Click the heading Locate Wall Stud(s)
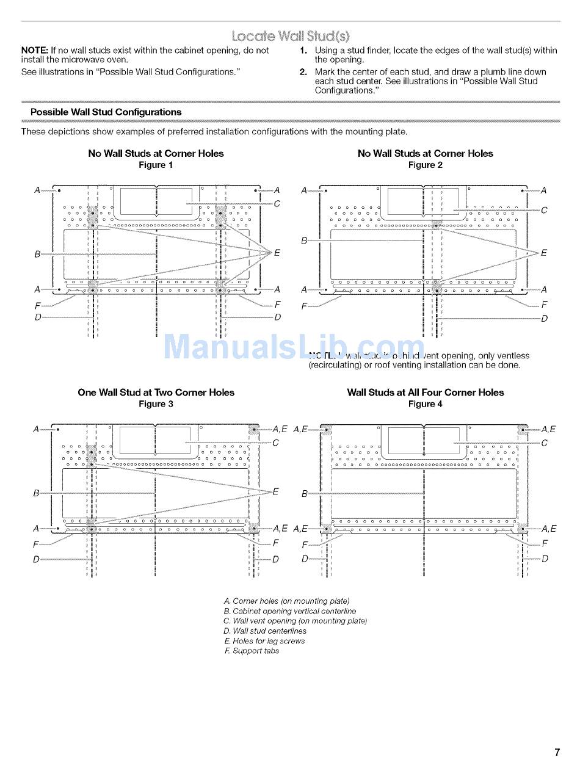(x=290, y=35)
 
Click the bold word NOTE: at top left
(x=35, y=51)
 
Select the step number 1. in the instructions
(x=303, y=51)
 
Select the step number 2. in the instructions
(x=303, y=72)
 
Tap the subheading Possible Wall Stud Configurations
(x=106, y=112)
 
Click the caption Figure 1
(x=156, y=165)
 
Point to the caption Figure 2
(x=425, y=165)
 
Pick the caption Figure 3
(x=156, y=404)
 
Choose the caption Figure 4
(x=425, y=404)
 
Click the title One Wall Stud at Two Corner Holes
(x=156, y=393)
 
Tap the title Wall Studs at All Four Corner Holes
(x=425, y=393)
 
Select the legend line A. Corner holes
(x=286, y=601)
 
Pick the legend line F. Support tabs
(x=252, y=651)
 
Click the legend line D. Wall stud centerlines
(x=265, y=631)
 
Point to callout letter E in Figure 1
(x=278, y=253)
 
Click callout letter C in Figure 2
(x=544, y=211)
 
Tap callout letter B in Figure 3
(x=37, y=493)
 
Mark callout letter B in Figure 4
(x=305, y=493)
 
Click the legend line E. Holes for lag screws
(x=264, y=641)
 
